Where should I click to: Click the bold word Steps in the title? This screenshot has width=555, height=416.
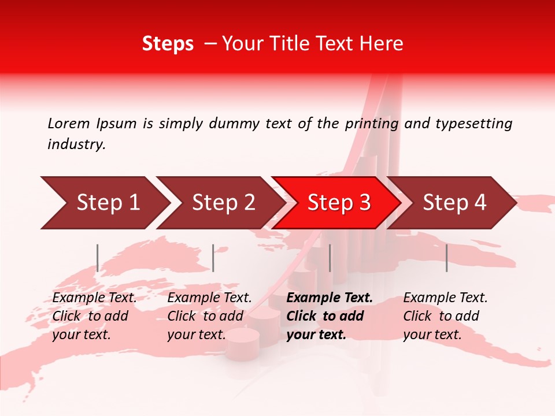168,44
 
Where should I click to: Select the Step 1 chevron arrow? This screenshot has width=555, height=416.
104,203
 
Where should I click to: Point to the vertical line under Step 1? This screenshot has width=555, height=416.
98,258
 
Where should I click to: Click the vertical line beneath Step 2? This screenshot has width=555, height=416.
213,258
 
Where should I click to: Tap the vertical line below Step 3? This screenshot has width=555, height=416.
330,258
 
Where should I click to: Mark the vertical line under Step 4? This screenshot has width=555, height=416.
447,258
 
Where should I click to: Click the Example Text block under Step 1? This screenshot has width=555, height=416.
94,316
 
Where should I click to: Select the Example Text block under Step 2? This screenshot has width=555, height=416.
209,316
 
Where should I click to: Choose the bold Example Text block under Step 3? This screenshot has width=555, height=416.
330,316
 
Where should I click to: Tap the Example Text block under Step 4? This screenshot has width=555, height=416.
445,316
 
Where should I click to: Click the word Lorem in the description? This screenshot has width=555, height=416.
69,124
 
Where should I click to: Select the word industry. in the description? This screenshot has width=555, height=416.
76,144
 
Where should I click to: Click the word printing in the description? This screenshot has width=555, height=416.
372,124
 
